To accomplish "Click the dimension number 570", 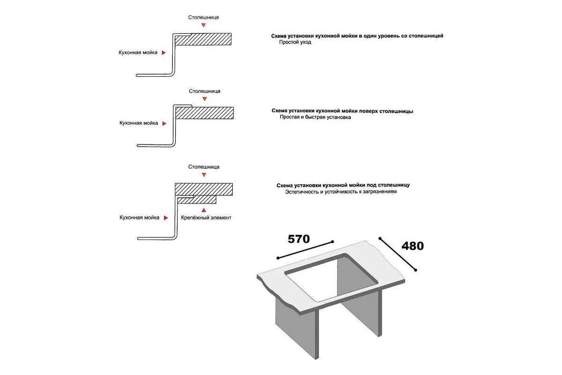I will (x=298, y=239).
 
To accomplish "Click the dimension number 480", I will (x=412, y=246).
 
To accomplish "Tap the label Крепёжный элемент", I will (x=206, y=217).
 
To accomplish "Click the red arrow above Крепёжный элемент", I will (x=203, y=210).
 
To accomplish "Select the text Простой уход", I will (x=295, y=42).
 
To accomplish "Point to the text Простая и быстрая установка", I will (x=315, y=117).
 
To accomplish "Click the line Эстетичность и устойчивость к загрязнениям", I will (x=341, y=192).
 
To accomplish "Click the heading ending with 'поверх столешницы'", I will (x=342, y=111).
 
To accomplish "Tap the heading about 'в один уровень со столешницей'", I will (x=357, y=36).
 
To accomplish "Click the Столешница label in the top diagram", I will (x=203, y=17).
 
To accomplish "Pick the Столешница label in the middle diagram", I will (x=205, y=91).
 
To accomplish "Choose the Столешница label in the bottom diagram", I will (x=204, y=166).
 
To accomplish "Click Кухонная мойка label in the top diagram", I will (x=138, y=53).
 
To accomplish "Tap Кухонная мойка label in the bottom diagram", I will (x=139, y=217).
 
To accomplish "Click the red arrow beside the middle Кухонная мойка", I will (x=164, y=124).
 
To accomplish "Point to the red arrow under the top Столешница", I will (x=203, y=25).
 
